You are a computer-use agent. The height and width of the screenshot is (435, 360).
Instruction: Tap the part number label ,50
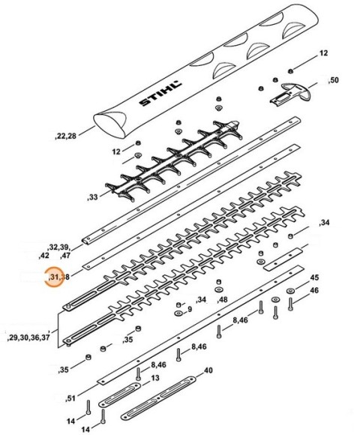point(333,79)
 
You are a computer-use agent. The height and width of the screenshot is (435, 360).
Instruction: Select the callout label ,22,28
point(69,136)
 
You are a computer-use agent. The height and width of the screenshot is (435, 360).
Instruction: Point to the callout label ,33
point(92,197)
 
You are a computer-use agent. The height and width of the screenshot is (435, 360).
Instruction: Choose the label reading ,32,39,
point(58,247)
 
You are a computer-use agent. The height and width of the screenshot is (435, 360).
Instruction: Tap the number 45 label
point(314,277)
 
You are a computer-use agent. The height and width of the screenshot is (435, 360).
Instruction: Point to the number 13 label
point(155,378)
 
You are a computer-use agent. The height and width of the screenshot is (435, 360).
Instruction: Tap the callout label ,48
point(221,300)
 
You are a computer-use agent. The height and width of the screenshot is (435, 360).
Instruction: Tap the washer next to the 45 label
point(290,292)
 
